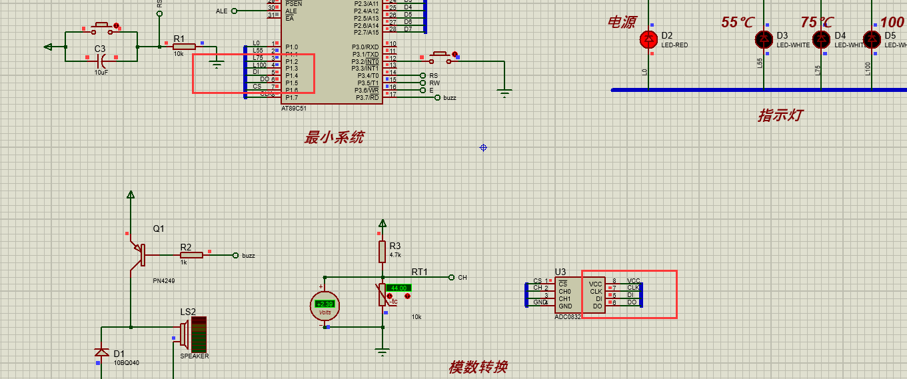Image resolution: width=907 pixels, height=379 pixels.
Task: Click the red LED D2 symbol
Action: tap(648, 39)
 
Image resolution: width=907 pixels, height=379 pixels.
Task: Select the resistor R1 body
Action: tap(183, 47)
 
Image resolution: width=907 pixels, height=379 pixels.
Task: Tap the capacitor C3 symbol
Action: tap(102, 59)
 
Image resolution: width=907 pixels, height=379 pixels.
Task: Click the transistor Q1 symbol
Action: tap(139, 255)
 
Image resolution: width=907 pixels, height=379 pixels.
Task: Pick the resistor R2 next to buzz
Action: tap(191, 255)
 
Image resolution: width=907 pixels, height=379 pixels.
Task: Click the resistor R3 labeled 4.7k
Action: tap(383, 251)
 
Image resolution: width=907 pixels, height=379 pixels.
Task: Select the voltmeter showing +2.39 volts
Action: tap(325, 306)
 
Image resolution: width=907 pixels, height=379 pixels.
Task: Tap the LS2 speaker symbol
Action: tap(194, 334)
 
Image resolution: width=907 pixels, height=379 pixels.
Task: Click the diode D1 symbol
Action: tap(101, 352)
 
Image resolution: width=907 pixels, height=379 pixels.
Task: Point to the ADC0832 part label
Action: tap(568, 317)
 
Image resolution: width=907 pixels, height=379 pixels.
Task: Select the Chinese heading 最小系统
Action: tap(334, 137)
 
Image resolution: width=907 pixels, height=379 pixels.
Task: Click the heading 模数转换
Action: tap(478, 366)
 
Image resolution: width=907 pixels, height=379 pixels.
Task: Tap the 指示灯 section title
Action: tap(779, 115)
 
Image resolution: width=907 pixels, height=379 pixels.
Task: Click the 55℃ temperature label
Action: tap(738, 23)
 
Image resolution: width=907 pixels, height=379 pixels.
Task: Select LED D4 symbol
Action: tap(821, 39)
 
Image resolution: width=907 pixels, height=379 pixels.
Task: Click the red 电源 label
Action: tap(621, 23)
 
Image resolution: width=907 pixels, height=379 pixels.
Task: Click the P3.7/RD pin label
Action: tap(367, 97)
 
